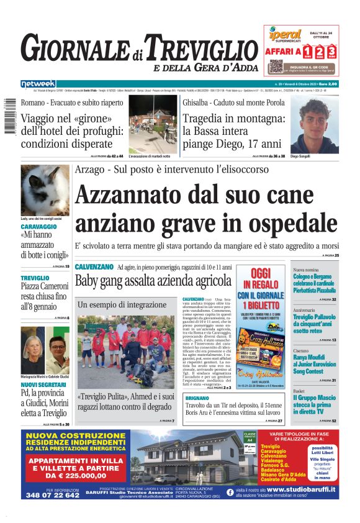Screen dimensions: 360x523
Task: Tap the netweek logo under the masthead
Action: click(x=38, y=83)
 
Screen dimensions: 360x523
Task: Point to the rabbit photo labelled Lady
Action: click(x=45, y=190)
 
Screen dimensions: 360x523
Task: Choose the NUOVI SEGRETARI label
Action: click(x=44, y=384)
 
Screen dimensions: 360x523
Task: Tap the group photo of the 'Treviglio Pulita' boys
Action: click(x=125, y=351)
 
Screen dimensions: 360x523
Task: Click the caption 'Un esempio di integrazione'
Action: click(x=114, y=305)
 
